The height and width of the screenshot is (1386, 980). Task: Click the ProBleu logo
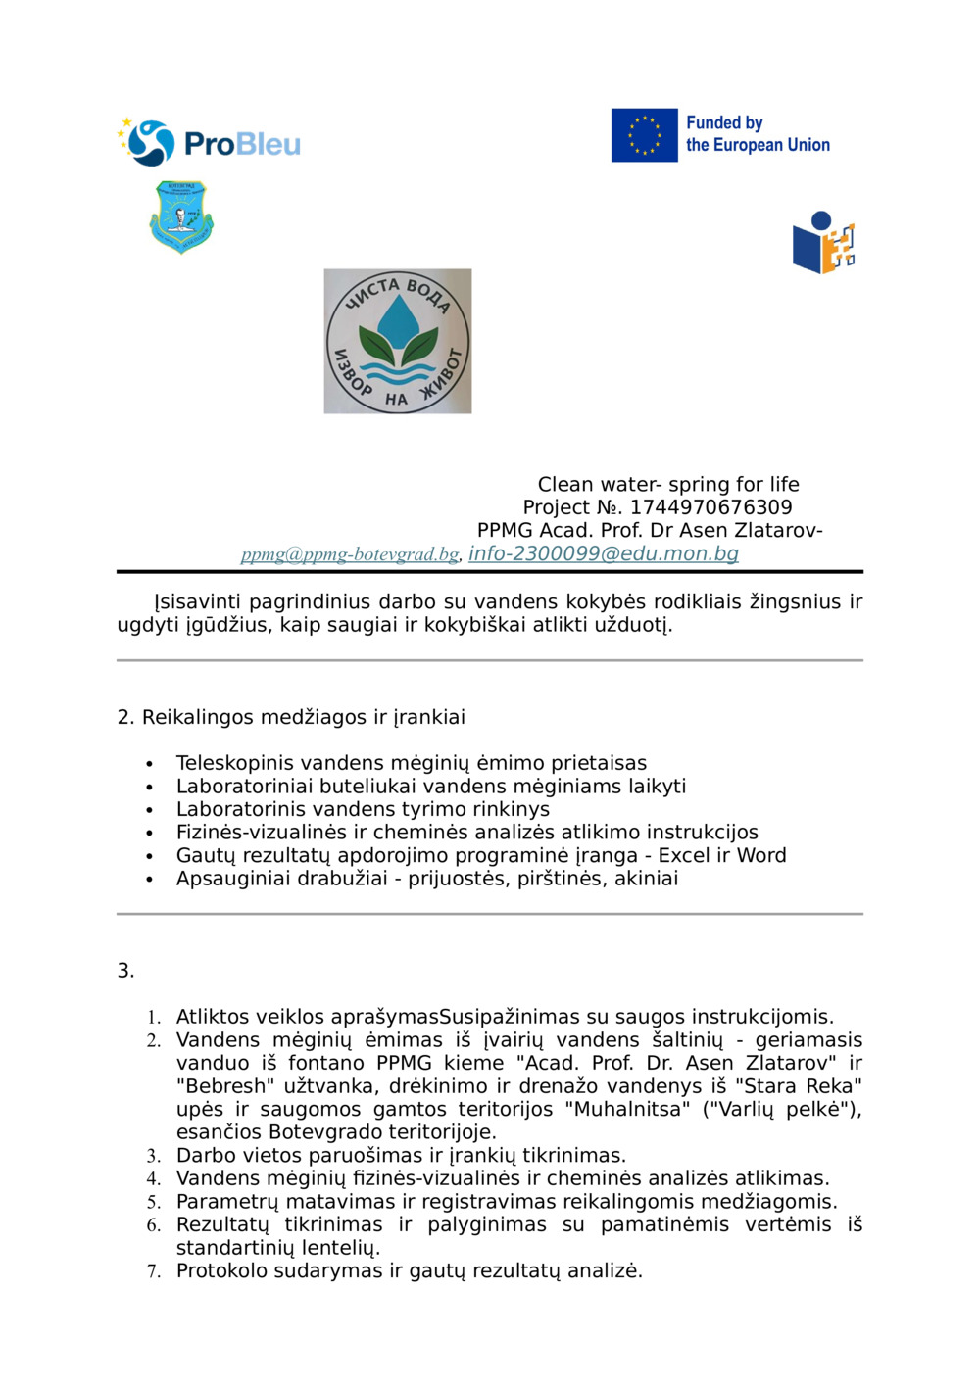tap(209, 143)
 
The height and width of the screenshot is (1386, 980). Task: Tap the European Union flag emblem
tap(644, 135)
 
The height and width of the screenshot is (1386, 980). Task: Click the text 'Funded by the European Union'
tap(757, 134)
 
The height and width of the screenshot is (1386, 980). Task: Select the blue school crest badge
tap(181, 216)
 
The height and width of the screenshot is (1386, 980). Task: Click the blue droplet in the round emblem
tap(397, 318)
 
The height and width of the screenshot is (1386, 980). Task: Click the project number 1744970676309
tap(710, 507)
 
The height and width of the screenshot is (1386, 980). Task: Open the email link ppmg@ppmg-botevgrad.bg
tap(350, 554)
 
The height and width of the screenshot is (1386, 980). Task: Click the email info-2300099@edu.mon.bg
tap(603, 553)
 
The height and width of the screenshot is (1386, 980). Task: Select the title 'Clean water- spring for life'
tap(668, 484)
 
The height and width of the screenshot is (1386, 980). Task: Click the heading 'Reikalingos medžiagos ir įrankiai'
tap(303, 717)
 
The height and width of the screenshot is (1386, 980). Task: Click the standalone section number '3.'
tap(125, 971)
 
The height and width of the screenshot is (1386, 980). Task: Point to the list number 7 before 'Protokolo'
tap(153, 1271)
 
